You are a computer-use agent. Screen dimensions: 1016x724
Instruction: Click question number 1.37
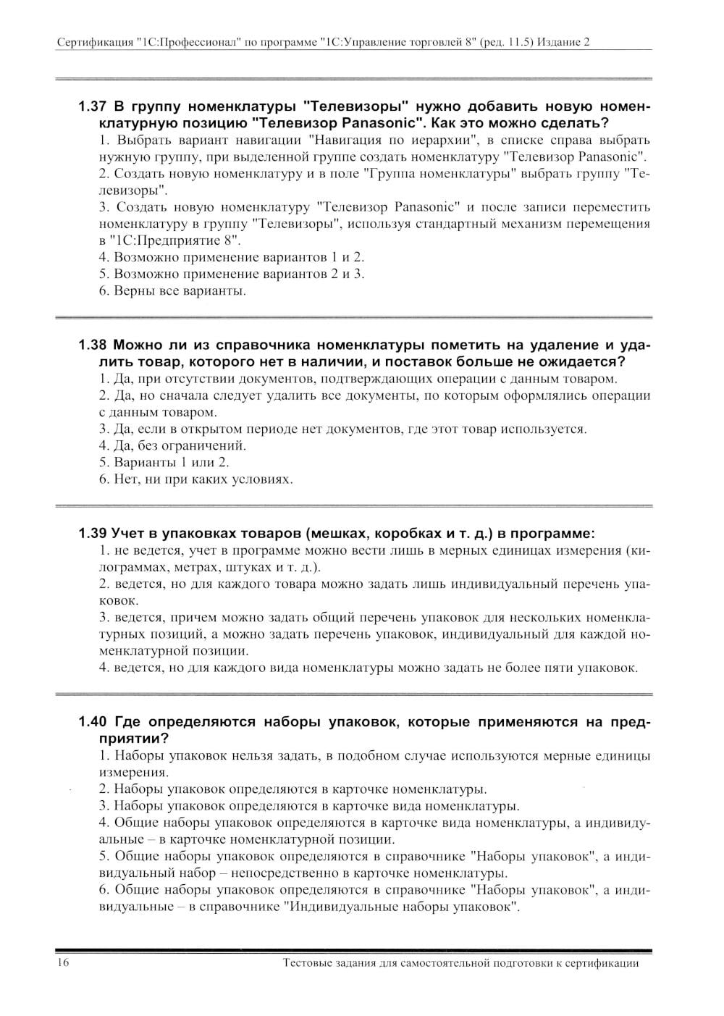tap(93, 106)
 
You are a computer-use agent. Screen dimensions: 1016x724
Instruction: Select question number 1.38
tap(93, 345)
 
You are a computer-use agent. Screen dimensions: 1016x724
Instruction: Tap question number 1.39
tap(93, 534)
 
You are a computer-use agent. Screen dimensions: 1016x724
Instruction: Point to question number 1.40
tap(93, 722)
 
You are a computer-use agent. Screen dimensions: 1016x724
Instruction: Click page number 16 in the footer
tap(63, 963)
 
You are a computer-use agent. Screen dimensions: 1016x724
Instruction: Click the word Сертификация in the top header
tap(93, 43)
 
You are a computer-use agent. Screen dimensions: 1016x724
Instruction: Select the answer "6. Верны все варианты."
tap(172, 291)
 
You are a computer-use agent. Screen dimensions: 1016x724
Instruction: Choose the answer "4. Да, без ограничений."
tap(172, 445)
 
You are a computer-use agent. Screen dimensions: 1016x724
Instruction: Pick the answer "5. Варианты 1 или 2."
tap(164, 462)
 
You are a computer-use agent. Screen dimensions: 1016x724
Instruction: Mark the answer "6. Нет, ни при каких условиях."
tap(195, 479)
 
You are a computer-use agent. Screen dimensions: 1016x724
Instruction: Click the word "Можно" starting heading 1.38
tap(138, 345)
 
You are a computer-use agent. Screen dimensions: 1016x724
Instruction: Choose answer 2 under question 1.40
tap(292, 789)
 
